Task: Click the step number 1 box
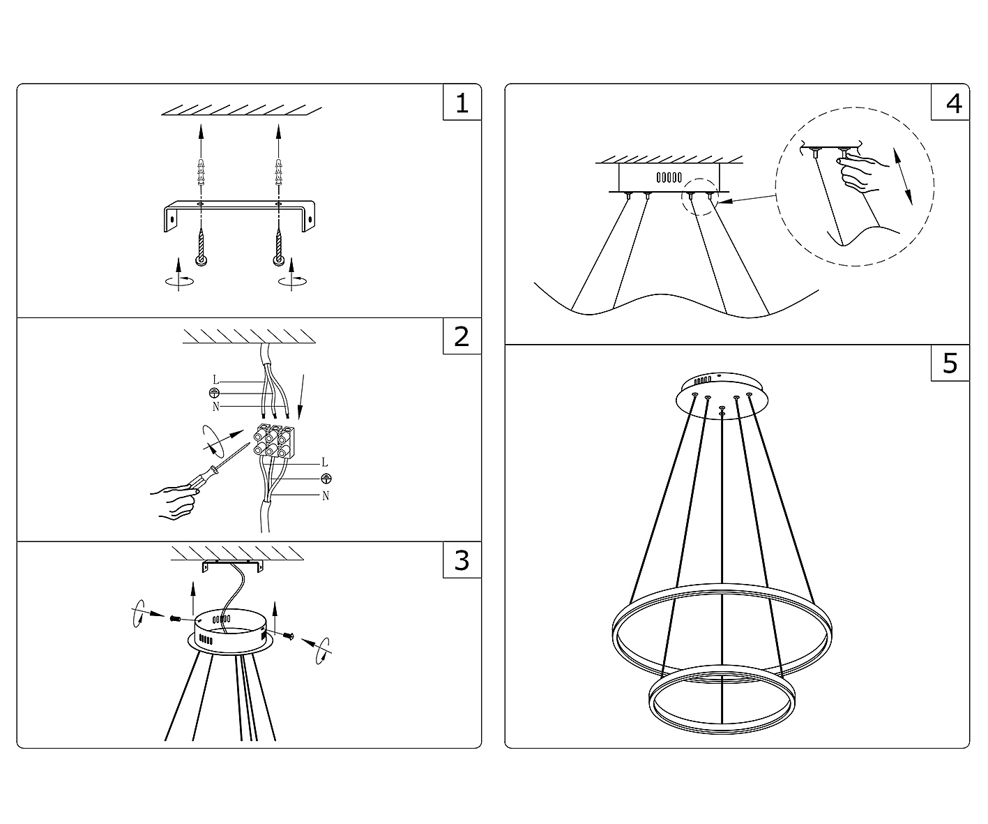[462, 103]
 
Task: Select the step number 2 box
[462, 336]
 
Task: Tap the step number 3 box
[462, 560]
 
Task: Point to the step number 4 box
[950, 103]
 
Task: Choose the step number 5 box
[950, 364]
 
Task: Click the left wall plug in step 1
[201, 172]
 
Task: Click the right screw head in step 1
[278, 260]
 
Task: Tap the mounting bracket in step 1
[239, 216]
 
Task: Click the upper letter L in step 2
[215, 380]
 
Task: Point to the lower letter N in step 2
[326, 496]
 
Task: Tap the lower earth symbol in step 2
[326, 479]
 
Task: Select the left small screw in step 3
[174, 617]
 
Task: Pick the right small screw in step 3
[289, 636]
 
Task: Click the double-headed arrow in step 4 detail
[903, 176]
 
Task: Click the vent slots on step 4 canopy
[669, 177]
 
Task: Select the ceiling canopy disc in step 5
[722, 396]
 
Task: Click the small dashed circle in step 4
[700, 197]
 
